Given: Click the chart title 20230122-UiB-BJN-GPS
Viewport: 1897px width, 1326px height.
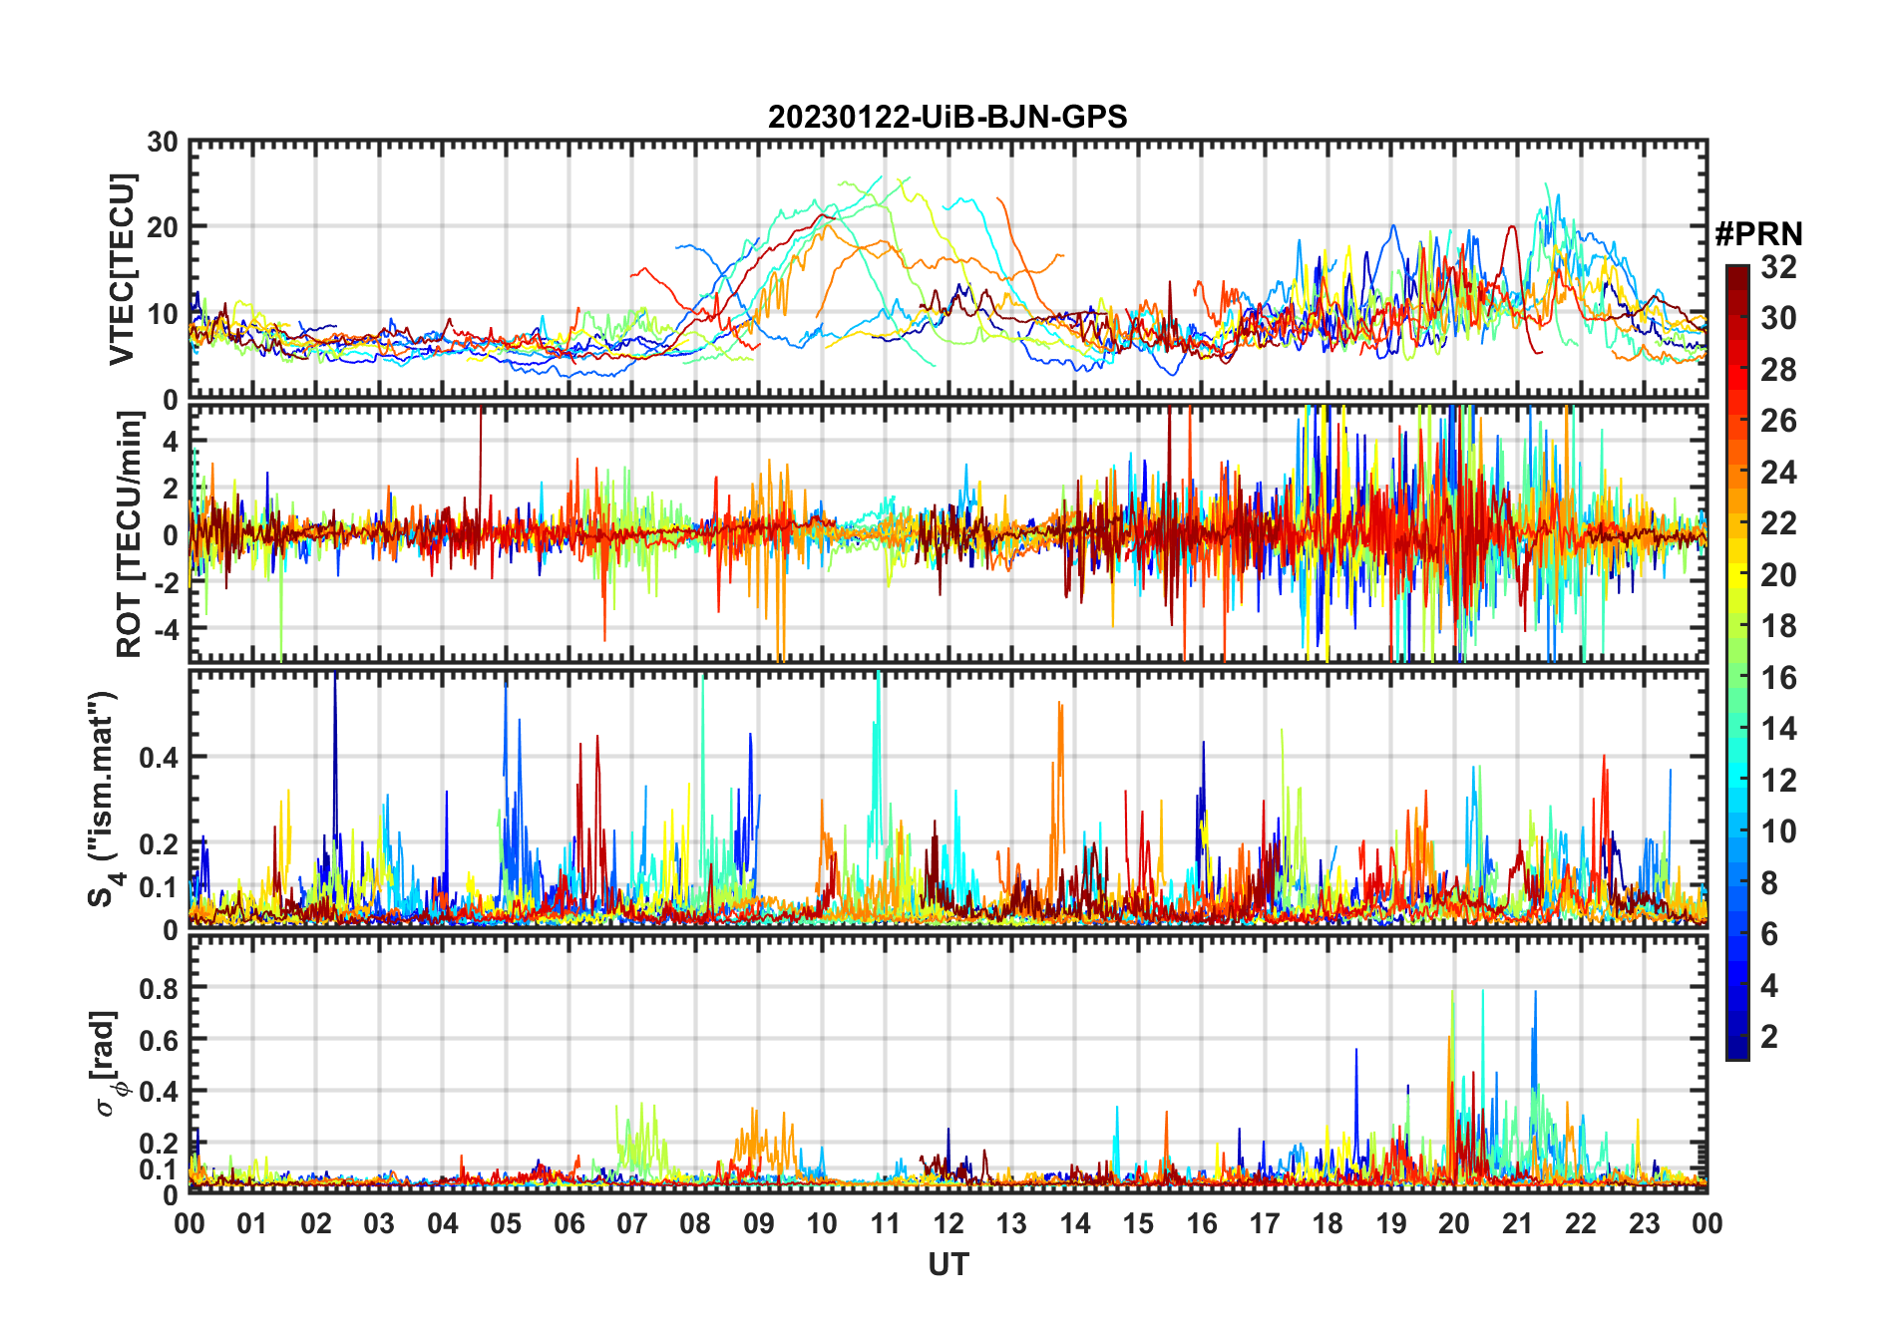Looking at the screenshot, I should [x=948, y=118].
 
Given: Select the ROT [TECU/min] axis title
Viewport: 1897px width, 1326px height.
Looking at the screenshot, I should [x=130, y=534].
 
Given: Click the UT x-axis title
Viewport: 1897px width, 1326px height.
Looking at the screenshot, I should [x=948, y=1264].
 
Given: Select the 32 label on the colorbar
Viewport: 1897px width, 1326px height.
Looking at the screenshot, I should [x=1778, y=266].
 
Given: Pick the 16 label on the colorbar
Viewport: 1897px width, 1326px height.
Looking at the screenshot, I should [x=1778, y=678].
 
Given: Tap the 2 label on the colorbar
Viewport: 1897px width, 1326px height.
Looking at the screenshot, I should [x=1769, y=1037].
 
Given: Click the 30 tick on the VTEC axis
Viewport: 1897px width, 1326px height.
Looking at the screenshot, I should [x=163, y=142].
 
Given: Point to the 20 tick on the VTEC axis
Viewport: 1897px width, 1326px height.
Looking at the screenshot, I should [x=163, y=227].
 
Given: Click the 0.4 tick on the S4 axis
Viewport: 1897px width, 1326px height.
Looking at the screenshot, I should [x=159, y=757].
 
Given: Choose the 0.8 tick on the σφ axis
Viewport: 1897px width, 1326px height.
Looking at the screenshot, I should [x=159, y=988].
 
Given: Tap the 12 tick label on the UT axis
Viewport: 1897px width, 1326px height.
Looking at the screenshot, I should [x=948, y=1223].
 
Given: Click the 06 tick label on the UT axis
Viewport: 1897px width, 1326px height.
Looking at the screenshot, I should [x=569, y=1223].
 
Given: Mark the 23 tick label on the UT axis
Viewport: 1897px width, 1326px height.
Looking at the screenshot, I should [x=1644, y=1223].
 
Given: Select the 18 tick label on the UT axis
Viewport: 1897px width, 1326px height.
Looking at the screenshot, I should [x=1328, y=1223].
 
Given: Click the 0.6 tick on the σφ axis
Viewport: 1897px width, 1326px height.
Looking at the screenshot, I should [x=159, y=1040].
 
